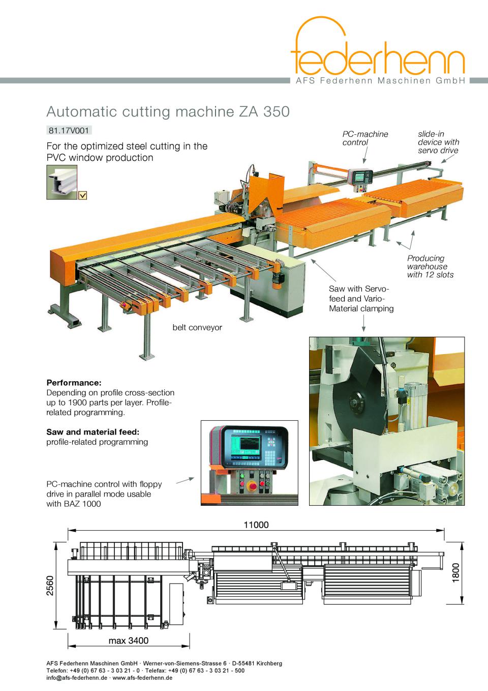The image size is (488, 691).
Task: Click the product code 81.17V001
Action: pos(69,130)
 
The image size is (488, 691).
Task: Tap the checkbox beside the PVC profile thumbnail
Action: pos(82,195)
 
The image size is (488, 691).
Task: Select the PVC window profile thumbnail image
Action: pos(62,182)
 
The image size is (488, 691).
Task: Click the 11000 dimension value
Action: pos(256,525)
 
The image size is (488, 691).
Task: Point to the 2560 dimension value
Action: pos(50,586)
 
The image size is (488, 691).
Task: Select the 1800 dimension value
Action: pos(455,573)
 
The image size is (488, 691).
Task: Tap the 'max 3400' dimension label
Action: pos(129,641)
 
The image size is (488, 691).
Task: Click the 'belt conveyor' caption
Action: pos(197,327)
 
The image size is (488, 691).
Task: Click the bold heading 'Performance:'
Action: pos(74,383)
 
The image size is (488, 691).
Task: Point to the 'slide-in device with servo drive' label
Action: pos(438,142)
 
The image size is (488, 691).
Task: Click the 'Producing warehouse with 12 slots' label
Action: pos(430,267)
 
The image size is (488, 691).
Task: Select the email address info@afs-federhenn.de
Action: pos(77,678)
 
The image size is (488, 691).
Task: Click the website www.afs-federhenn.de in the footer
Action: pos(142,678)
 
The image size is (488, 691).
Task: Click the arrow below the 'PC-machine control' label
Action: pos(365,155)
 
